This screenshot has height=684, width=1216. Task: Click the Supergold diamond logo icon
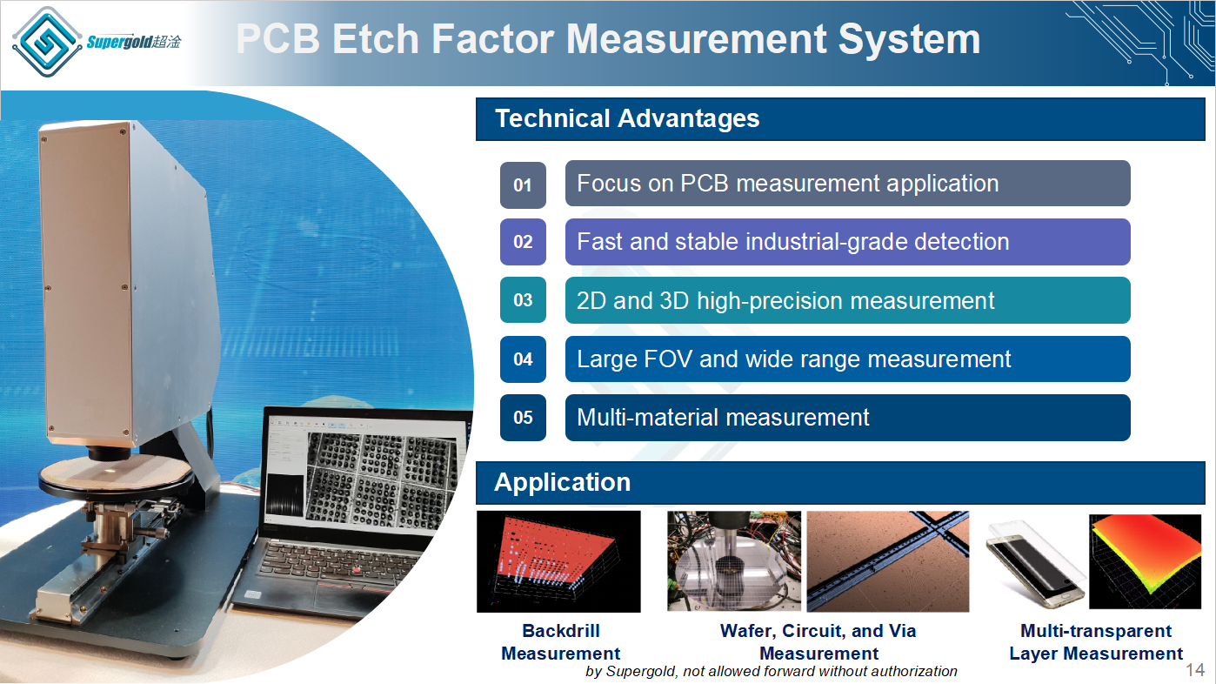pos(47,42)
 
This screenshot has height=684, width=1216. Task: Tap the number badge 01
pos(523,185)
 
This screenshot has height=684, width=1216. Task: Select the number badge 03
pos(523,300)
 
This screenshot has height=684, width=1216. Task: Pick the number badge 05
pos(523,418)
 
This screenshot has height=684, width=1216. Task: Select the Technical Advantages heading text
pos(627,118)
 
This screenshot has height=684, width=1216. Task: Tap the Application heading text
pos(563,482)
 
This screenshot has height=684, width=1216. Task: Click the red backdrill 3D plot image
pos(558,562)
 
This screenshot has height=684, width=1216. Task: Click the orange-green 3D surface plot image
pos(1145,562)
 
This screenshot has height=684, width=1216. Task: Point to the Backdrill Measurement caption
pos(561,642)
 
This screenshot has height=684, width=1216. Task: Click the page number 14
pos(1195,670)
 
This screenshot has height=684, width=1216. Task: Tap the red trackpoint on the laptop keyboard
pos(357,569)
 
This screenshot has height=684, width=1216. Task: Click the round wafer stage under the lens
pos(116,473)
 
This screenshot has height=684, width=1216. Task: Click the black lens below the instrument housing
pos(110,453)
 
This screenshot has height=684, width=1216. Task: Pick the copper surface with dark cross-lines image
pos(887,561)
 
